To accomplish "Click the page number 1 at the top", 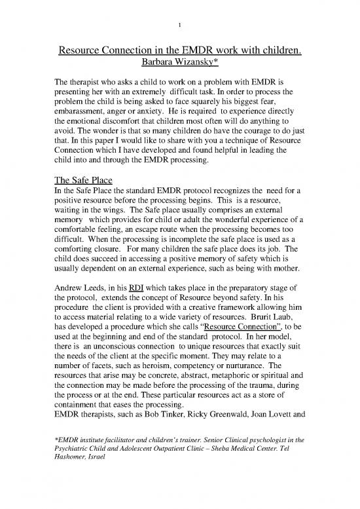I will [x=179, y=25].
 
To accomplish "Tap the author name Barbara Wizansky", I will [x=177, y=64].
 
